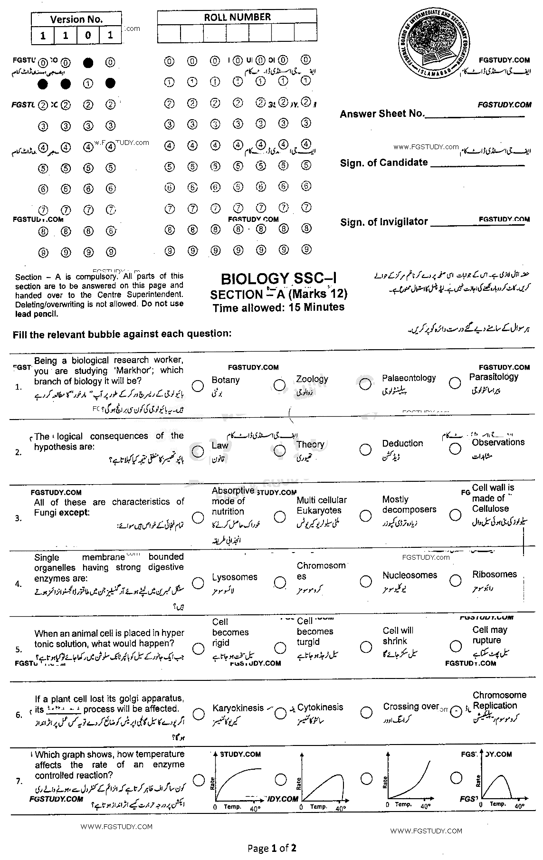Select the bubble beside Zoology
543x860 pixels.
click(x=280, y=384)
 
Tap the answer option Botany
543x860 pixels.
click(x=226, y=380)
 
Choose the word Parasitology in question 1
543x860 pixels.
click(x=494, y=377)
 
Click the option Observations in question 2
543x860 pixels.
click(x=498, y=442)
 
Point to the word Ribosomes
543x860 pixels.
click(x=494, y=574)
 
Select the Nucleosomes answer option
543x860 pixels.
click(x=410, y=575)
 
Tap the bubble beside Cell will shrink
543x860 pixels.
click(x=366, y=647)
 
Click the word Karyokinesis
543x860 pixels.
click(x=238, y=707)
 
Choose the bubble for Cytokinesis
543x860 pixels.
click(x=280, y=713)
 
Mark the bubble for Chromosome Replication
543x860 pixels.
click(x=456, y=711)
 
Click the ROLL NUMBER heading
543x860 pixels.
click(x=237, y=17)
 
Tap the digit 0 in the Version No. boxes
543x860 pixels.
click(x=88, y=36)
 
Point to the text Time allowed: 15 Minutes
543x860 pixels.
click(x=278, y=307)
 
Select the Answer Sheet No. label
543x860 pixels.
click(x=381, y=114)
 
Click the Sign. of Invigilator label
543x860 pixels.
click(x=384, y=222)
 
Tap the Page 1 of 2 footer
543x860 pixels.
click(x=272, y=848)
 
